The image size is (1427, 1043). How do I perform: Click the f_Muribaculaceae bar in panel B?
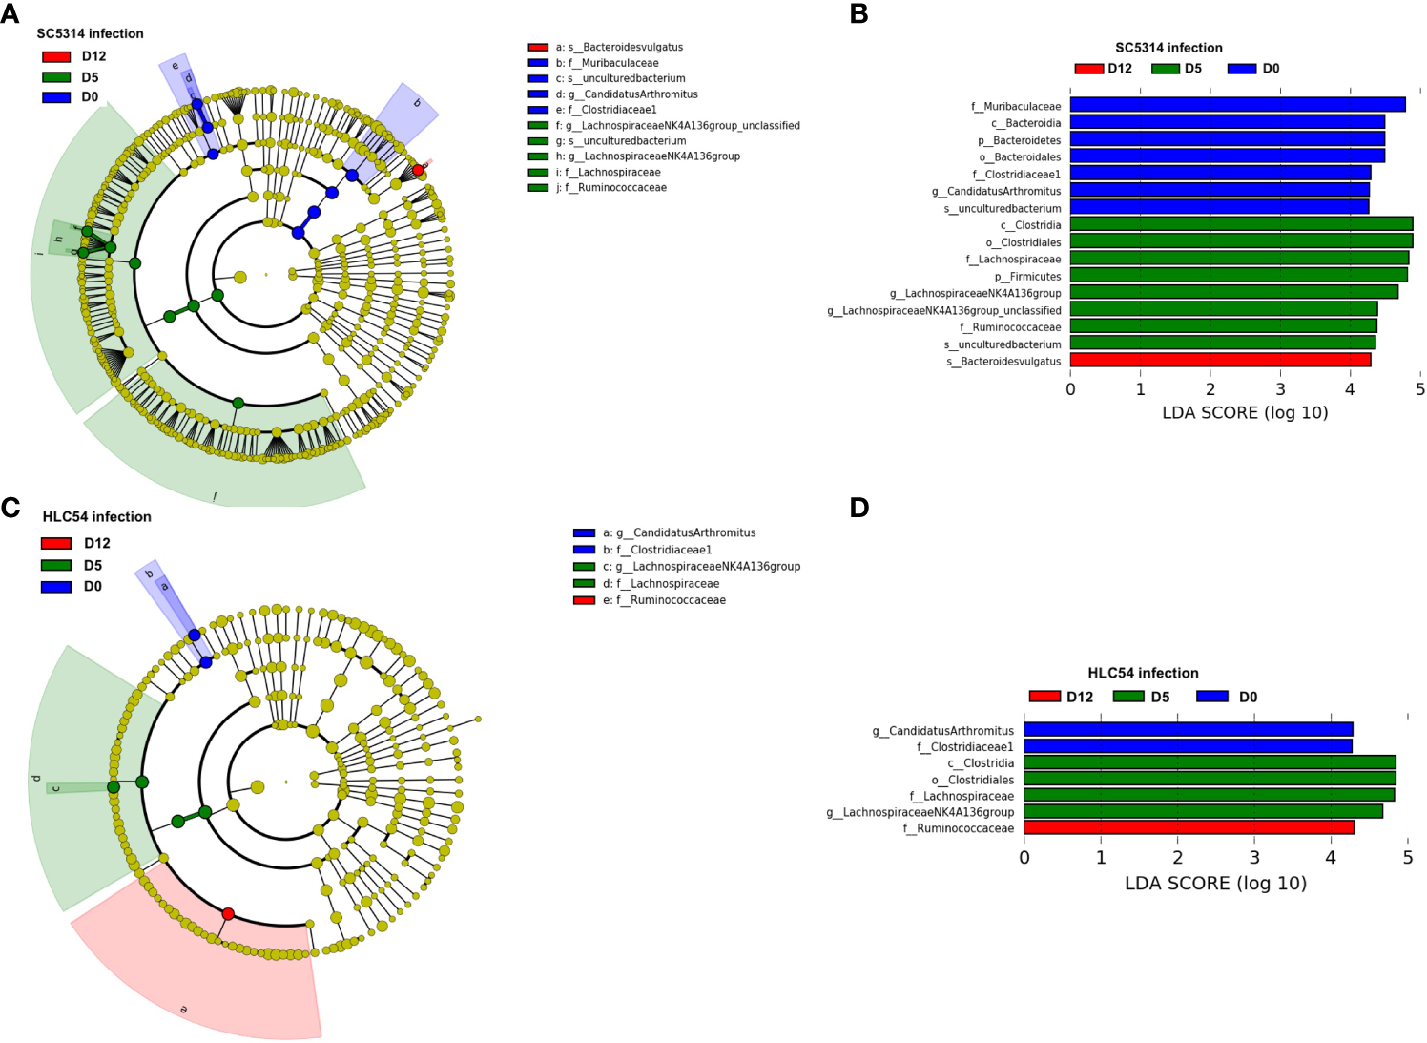(x=1237, y=105)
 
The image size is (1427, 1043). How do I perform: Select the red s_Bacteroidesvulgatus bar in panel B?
(x=1220, y=361)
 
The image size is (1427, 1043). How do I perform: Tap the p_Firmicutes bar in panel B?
(x=1238, y=276)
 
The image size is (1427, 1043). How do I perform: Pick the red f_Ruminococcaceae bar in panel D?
(x=1189, y=827)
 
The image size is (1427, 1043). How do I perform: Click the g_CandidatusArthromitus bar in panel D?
(x=1188, y=730)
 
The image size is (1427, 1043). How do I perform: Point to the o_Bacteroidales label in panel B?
(x=1020, y=156)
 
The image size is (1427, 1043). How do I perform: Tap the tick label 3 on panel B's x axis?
(x=1280, y=389)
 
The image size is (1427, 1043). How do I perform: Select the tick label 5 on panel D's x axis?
(x=1408, y=857)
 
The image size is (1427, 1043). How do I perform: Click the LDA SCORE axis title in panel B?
(x=1245, y=413)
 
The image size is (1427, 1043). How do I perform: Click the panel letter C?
(x=10, y=507)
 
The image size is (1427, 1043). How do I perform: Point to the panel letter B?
(x=858, y=14)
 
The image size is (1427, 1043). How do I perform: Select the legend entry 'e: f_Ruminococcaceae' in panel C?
(x=664, y=600)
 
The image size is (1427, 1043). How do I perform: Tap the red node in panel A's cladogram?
(x=418, y=170)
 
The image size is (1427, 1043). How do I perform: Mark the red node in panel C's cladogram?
(x=228, y=913)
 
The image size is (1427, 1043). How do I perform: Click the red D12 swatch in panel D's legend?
(x=1044, y=697)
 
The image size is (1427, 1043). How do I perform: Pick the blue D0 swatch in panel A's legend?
(x=56, y=97)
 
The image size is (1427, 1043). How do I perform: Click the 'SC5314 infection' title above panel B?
(x=1168, y=48)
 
